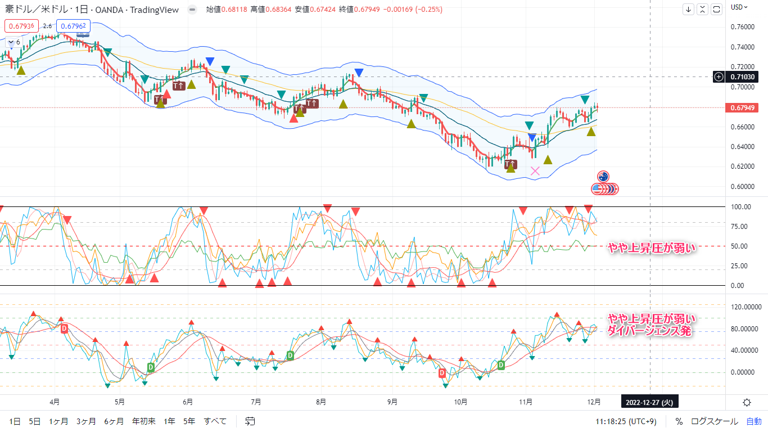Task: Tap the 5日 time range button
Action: click(x=35, y=421)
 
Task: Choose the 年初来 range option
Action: click(x=143, y=421)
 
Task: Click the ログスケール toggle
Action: click(x=715, y=421)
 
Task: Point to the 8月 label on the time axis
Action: click(x=321, y=402)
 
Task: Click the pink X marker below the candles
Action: click(x=535, y=171)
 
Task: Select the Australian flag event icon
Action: click(x=603, y=177)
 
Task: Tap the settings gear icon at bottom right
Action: click(x=747, y=402)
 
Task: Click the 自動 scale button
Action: click(x=754, y=421)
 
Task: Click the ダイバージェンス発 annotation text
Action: click(x=649, y=331)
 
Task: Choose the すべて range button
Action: click(x=215, y=421)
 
